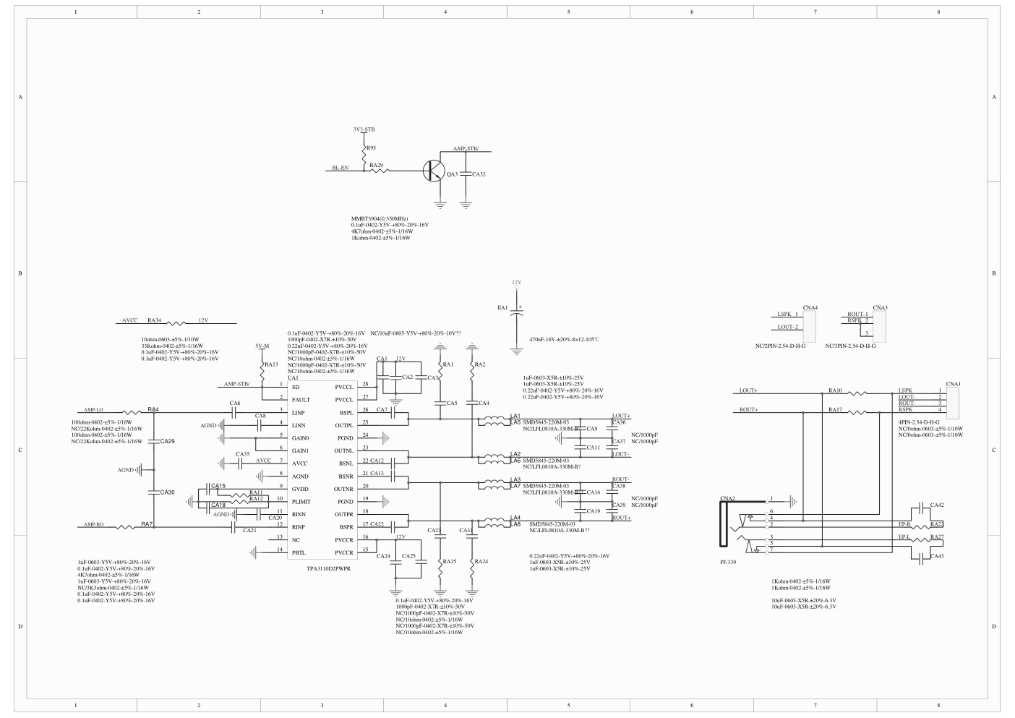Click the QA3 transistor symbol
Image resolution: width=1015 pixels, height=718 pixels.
point(434,171)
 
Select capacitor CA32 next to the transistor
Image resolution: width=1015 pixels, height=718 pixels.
point(466,174)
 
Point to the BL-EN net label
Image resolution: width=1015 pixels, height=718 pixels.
point(340,168)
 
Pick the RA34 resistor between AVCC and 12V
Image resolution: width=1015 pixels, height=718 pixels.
point(176,322)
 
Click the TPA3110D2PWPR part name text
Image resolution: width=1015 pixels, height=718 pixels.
point(328,569)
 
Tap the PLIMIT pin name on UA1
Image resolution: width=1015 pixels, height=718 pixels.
point(301,501)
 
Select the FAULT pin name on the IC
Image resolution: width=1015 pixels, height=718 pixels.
point(301,399)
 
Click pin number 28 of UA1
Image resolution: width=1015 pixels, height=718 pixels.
point(365,383)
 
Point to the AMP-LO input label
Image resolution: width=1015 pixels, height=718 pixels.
point(94,409)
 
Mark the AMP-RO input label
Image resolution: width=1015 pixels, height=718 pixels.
point(94,524)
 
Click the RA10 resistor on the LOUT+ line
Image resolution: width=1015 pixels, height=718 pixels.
point(858,394)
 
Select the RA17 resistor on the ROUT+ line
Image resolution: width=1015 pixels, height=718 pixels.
point(858,413)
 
